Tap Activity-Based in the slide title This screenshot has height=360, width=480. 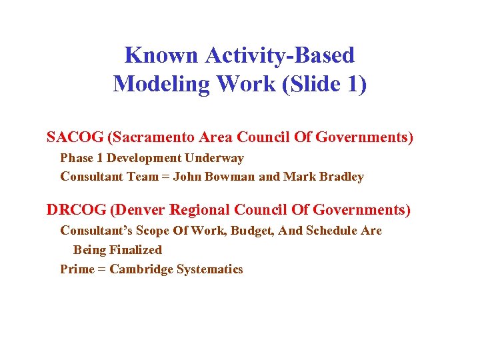pos(280,55)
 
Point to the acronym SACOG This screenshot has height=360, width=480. pos(74,137)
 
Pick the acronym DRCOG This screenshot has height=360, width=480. pos(75,210)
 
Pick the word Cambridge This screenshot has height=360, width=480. pos(141,269)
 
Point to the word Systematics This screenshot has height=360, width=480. pos(209,269)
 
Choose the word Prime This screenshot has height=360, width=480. pos(76,269)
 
